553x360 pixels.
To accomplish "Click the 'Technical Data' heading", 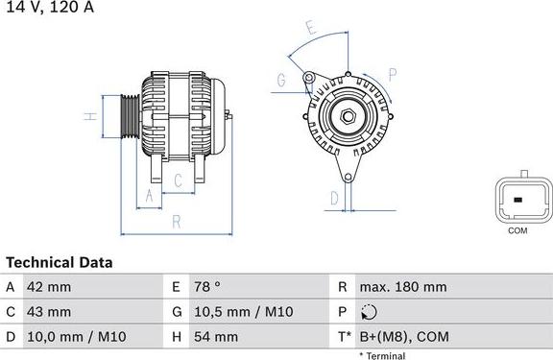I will (60, 262).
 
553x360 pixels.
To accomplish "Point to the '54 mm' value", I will (217, 337).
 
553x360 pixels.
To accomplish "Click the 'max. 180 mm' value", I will (403, 287).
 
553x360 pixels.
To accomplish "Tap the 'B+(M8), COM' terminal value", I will (403, 337).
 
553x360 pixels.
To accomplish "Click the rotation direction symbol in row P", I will (371, 312).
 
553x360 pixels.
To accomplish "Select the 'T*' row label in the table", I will (344, 337).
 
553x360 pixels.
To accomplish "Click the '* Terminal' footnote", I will (382, 355).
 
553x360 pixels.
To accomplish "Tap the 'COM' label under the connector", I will (517, 230).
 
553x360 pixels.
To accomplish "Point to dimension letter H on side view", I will (88, 117).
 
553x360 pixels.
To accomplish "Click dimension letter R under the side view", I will (176, 221).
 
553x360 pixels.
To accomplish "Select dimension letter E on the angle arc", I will (308, 28).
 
